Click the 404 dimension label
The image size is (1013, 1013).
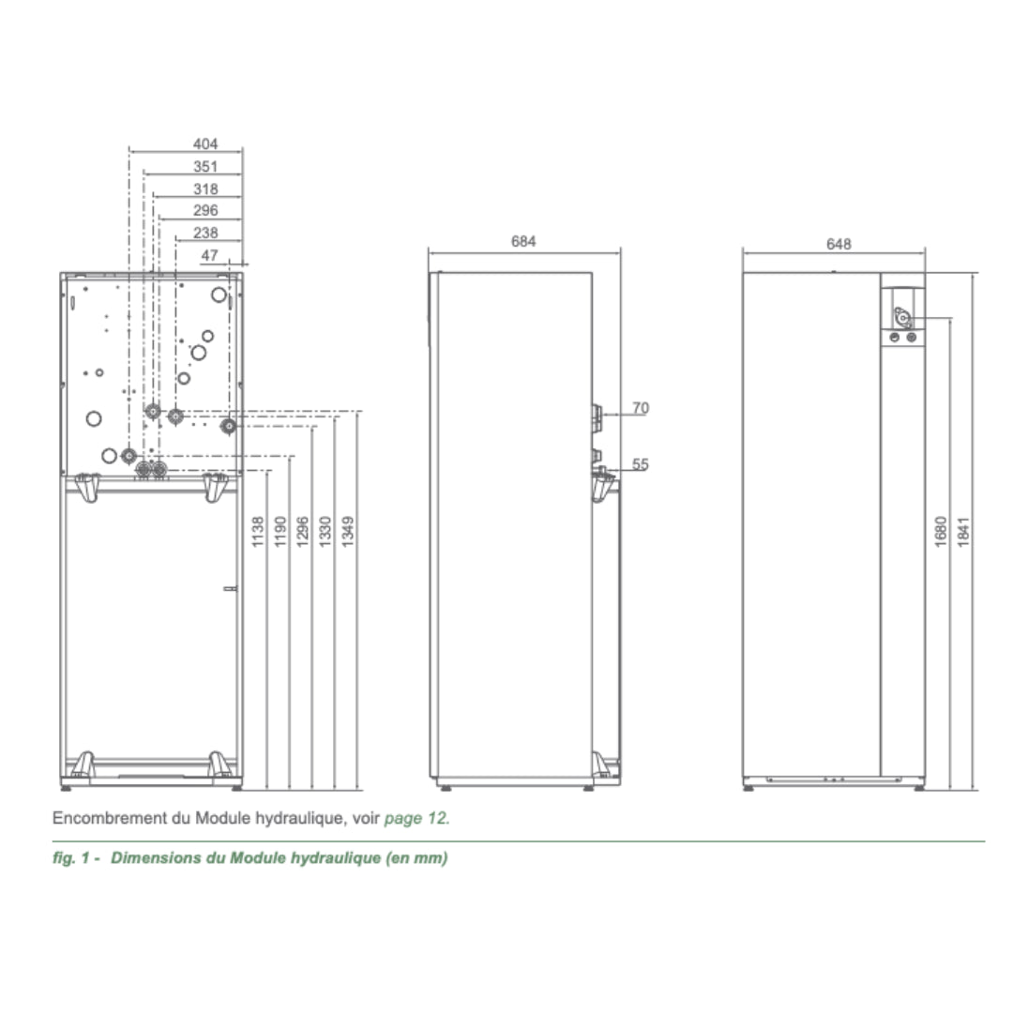[x=205, y=144]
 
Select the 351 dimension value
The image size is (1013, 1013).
[x=205, y=167]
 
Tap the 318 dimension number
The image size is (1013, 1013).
[x=205, y=189]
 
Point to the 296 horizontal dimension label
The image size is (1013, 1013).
[x=205, y=211]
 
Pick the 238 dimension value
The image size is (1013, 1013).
[x=205, y=234]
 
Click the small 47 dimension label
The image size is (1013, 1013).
[x=209, y=255]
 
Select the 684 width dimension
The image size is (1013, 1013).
[x=523, y=242]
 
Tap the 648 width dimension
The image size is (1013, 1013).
[x=839, y=244]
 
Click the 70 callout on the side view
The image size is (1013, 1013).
[x=641, y=408]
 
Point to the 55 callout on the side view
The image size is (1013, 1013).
[x=641, y=464]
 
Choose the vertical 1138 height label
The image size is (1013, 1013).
[x=258, y=532]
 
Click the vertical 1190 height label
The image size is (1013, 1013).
[x=280, y=532]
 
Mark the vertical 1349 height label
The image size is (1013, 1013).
[x=347, y=532]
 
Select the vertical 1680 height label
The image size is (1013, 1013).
[x=942, y=532]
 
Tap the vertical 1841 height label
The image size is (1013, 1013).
[x=964, y=532]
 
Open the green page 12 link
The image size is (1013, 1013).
[x=416, y=818]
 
